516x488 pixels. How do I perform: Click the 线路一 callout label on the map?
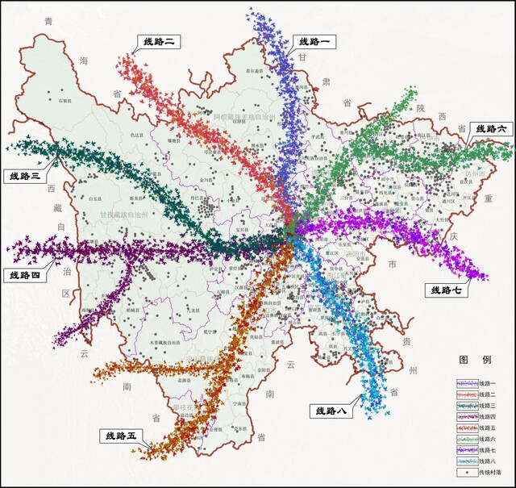click(314, 41)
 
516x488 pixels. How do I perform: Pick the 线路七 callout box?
click(447, 290)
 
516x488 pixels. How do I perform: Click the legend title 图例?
click(470, 359)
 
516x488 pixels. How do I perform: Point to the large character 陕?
click(419, 107)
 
